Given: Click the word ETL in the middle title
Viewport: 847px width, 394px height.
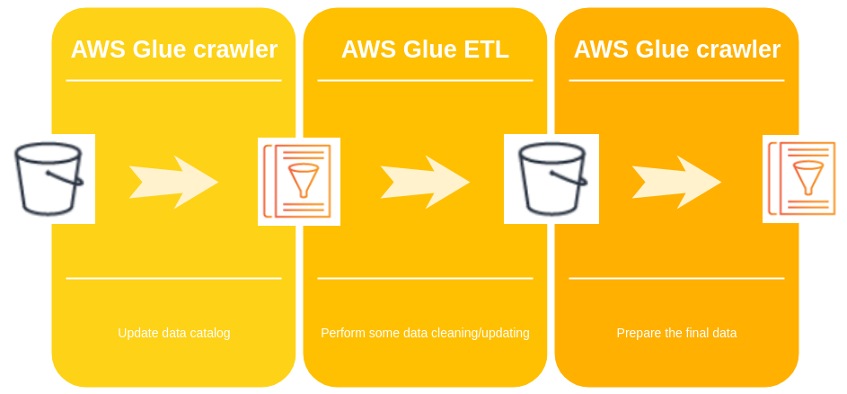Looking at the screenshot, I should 485,49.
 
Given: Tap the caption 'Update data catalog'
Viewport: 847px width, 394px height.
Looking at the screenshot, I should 173,333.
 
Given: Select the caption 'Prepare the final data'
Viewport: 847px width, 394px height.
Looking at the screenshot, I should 676,333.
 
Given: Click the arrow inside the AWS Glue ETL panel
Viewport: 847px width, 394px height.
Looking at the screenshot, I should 425,182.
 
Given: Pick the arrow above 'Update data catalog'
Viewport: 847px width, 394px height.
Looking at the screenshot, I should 173,182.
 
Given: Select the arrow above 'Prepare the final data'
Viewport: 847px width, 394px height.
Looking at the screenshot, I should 676,182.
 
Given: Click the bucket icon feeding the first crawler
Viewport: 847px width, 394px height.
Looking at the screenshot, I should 49,178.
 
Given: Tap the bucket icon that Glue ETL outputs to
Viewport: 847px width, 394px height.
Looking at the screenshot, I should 551,178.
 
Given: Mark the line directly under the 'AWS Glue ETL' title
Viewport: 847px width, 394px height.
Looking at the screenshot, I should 425,81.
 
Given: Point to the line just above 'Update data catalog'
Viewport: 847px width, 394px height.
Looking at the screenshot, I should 173,279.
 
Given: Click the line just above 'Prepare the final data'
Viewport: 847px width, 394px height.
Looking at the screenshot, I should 676,279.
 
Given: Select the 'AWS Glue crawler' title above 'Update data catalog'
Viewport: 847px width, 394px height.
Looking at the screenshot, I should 173,49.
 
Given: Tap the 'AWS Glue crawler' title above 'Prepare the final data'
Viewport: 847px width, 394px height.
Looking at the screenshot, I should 676,49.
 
